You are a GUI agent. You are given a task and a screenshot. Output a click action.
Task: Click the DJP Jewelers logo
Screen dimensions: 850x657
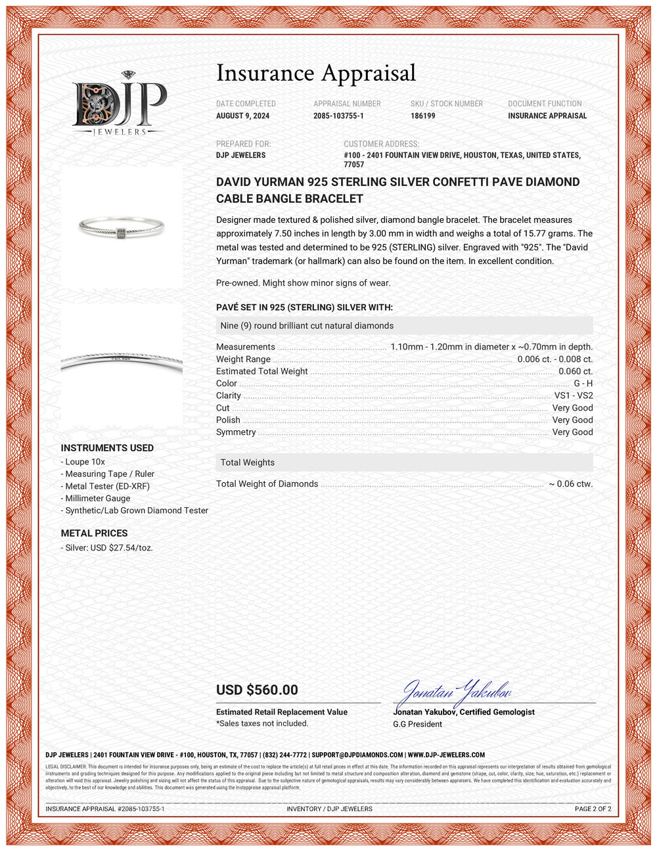pyautogui.click(x=119, y=104)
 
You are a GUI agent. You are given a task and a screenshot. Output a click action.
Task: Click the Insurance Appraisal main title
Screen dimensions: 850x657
pyautogui.click(x=316, y=73)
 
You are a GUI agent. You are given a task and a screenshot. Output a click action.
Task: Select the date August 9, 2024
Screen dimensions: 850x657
pyautogui.click(x=242, y=116)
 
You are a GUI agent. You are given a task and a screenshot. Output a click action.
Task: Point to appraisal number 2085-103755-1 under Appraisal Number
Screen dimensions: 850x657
pyautogui.click(x=338, y=116)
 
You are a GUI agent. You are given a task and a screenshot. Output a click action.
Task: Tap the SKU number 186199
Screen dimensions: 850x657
pyautogui.click(x=423, y=116)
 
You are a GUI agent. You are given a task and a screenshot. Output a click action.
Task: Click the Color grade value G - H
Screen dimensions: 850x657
pyautogui.click(x=583, y=384)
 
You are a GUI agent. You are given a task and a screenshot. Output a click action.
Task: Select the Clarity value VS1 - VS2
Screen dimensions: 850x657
pyautogui.click(x=573, y=395)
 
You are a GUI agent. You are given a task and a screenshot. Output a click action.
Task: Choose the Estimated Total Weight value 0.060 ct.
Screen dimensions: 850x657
pyautogui.click(x=575, y=371)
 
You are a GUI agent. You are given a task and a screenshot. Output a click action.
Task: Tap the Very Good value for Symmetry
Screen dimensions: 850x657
pyautogui.click(x=572, y=432)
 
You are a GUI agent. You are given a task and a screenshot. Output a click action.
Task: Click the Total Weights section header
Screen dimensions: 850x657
pyautogui.click(x=248, y=462)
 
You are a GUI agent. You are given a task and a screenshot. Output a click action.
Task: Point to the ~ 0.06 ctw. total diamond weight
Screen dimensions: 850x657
pyautogui.click(x=570, y=484)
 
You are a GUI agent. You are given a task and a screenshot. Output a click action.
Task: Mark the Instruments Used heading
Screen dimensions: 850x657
pyautogui.click(x=107, y=448)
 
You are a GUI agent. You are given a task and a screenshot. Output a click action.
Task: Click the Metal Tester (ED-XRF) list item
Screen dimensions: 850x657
pyautogui.click(x=107, y=486)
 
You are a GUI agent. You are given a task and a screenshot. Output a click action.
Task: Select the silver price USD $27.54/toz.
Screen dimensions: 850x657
pyautogui.click(x=108, y=547)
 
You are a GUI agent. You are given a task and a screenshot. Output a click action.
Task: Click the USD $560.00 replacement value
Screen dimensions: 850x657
pyautogui.click(x=257, y=690)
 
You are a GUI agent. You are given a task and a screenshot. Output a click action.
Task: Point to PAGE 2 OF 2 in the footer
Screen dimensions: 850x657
pyautogui.click(x=593, y=809)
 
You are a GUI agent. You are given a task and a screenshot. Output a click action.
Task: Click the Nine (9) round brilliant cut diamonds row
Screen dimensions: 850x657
pyautogui.click(x=307, y=326)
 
